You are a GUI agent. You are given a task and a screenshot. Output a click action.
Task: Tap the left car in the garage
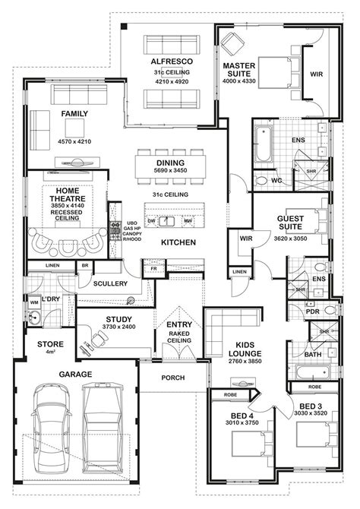point(49,425)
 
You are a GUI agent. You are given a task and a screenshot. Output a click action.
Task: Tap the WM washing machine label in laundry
point(33,303)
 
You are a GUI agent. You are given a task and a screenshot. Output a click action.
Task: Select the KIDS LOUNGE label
point(245,348)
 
